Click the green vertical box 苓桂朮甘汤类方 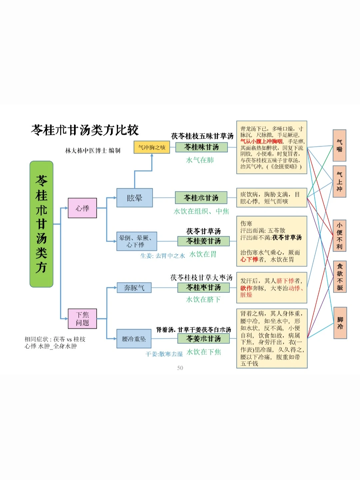[x=41, y=224]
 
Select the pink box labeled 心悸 [x=82, y=208]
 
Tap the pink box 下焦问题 [x=82, y=318]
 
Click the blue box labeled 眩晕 [x=134, y=198]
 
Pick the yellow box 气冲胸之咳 [x=152, y=147]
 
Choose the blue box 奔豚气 [x=134, y=287]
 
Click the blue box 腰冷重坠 [x=134, y=339]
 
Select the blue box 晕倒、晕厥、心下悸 [x=136, y=241]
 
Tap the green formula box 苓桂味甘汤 [x=202, y=147]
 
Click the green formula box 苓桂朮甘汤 [x=201, y=198]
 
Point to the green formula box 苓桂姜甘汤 [x=203, y=241]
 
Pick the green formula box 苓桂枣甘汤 [x=203, y=287]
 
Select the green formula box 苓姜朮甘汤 [x=203, y=338]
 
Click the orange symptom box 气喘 [x=339, y=145]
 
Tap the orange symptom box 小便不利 [x=339, y=235]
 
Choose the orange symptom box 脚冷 [x=340, y=323]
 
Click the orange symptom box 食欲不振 [x=340, y=277]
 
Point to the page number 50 [x=180, y=368]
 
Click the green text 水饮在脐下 [x=203, y=299]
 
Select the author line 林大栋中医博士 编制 [x=93, y=151]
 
